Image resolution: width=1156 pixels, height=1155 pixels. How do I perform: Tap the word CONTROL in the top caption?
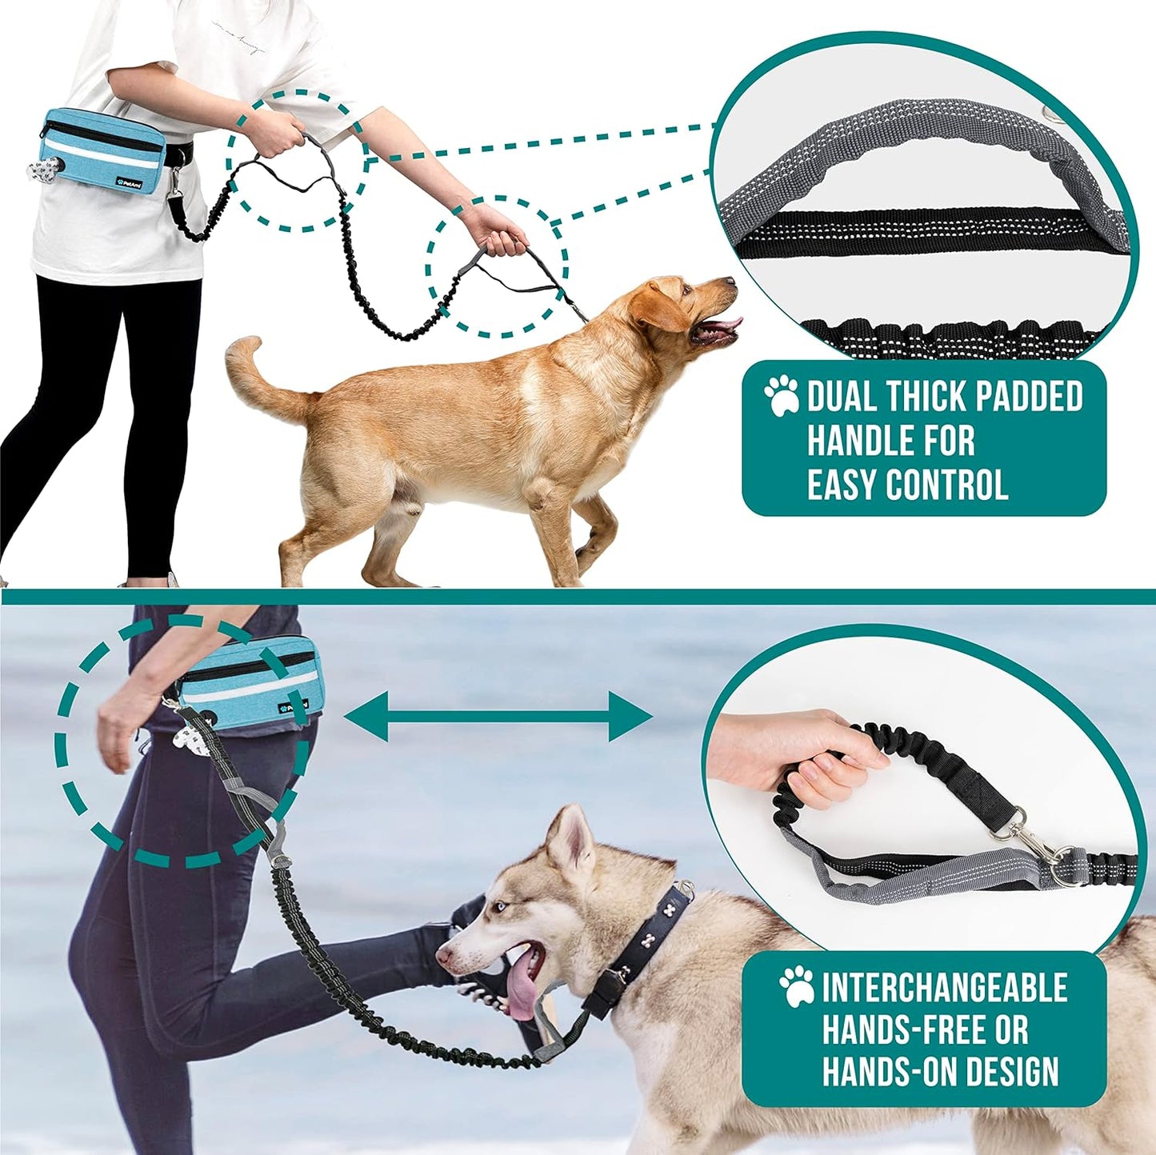[949, 485]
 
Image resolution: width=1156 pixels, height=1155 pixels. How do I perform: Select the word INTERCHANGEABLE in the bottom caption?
[944, 989]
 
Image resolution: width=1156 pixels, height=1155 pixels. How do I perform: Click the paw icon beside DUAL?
[781, 395]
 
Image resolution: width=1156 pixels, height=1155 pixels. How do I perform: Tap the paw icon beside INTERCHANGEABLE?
[797, 986]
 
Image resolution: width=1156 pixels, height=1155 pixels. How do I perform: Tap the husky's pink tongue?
[522, 992]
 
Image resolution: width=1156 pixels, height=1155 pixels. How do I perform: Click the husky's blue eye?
[501, 906]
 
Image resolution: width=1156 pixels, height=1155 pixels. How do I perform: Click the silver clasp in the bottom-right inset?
[1032, 840]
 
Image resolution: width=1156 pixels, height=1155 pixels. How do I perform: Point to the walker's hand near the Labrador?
[498, 232]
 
